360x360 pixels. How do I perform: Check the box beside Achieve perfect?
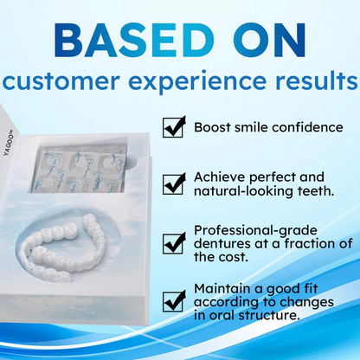[175, 183]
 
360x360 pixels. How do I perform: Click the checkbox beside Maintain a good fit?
[175, 300]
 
